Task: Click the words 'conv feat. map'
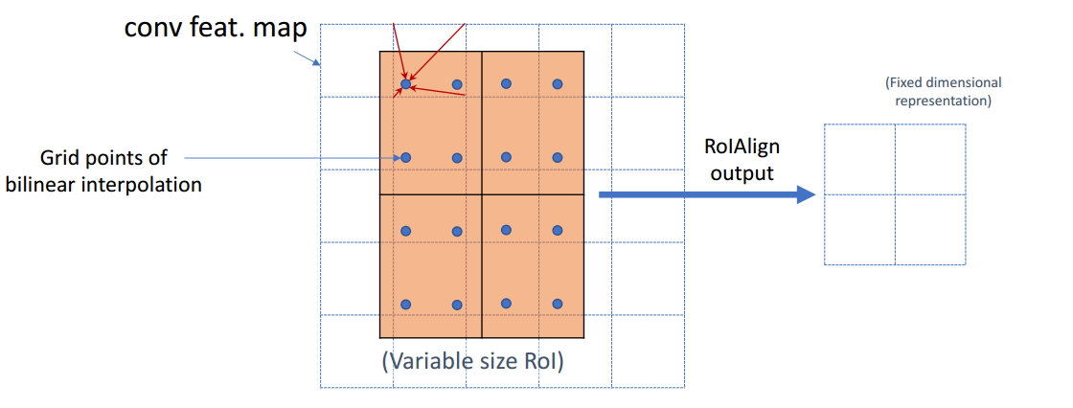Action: pos(216,27)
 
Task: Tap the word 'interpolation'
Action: pos(146,185)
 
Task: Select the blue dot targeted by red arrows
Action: pos(405,84)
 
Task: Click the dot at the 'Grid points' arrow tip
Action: pos(405,157)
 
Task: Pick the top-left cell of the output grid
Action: pos(859,159)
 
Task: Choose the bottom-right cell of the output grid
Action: pos(930,230)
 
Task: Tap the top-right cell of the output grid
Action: pos(930,159)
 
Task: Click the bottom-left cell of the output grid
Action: pos(859,230)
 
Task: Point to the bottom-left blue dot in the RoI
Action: pos(405,305)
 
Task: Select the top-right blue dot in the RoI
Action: pos(558,84)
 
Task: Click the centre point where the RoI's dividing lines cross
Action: pos(481,195)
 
